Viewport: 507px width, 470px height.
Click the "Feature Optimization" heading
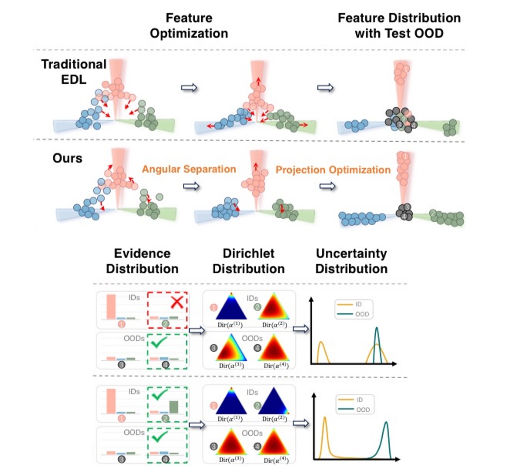pos(189,26)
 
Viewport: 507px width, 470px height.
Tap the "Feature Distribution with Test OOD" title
pos(399,26)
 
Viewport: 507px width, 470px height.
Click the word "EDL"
pos(74,80)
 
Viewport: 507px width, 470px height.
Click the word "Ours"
pos(68,158)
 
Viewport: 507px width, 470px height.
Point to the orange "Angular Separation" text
pos(189,169)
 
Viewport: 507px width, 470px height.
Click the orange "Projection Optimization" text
pos(333,170)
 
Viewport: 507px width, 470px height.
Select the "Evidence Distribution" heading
pos(142,261)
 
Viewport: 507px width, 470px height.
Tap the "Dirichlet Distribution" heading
pos(249,261)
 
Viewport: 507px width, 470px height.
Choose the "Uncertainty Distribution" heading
pos(351,261)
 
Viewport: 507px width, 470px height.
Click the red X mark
pos(177,302)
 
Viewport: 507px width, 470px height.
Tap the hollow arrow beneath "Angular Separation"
pos(191,186)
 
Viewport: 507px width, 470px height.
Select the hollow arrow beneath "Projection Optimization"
pos(328,186)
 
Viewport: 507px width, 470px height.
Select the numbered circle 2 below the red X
pos(165,324)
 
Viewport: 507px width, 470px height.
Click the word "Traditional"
pos(74,64)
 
